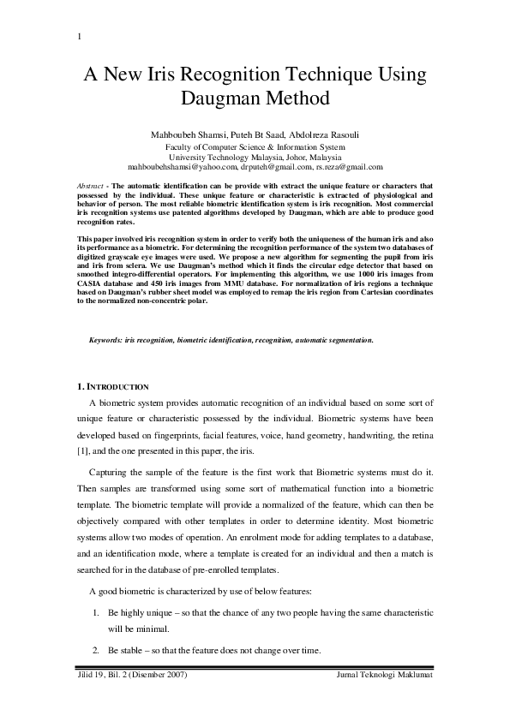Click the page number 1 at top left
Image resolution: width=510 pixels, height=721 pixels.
pyautogui.click(x=79, y=36)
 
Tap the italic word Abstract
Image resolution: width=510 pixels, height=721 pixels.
pyautogui.click(x=91, y=186)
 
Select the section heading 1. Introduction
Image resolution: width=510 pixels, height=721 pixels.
pyautogui.click(x=113, y=387)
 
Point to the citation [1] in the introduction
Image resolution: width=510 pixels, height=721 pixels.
pyautogui.click(x=83, y=450)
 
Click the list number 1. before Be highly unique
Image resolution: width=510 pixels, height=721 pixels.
pyautogui.click(x=95, y=614)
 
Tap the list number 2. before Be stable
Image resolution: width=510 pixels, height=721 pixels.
pyautogui.click(x=95, y=652)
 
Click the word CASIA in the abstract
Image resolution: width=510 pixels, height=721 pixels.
pyautogui.click(x=93, y=282)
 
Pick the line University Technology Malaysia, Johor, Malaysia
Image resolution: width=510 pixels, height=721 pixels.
pyautogui.click(x=255, y=157)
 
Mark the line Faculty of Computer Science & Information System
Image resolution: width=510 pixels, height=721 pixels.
pyautogui.click(x=255, y=146)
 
